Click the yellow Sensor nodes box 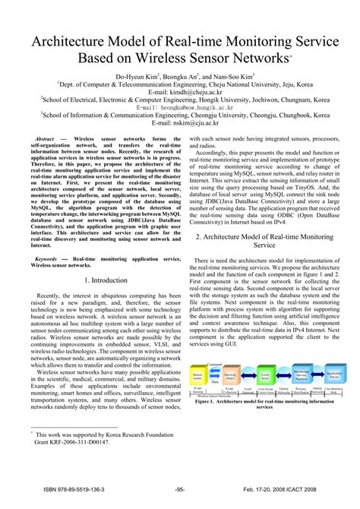199,375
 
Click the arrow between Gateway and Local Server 248,375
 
